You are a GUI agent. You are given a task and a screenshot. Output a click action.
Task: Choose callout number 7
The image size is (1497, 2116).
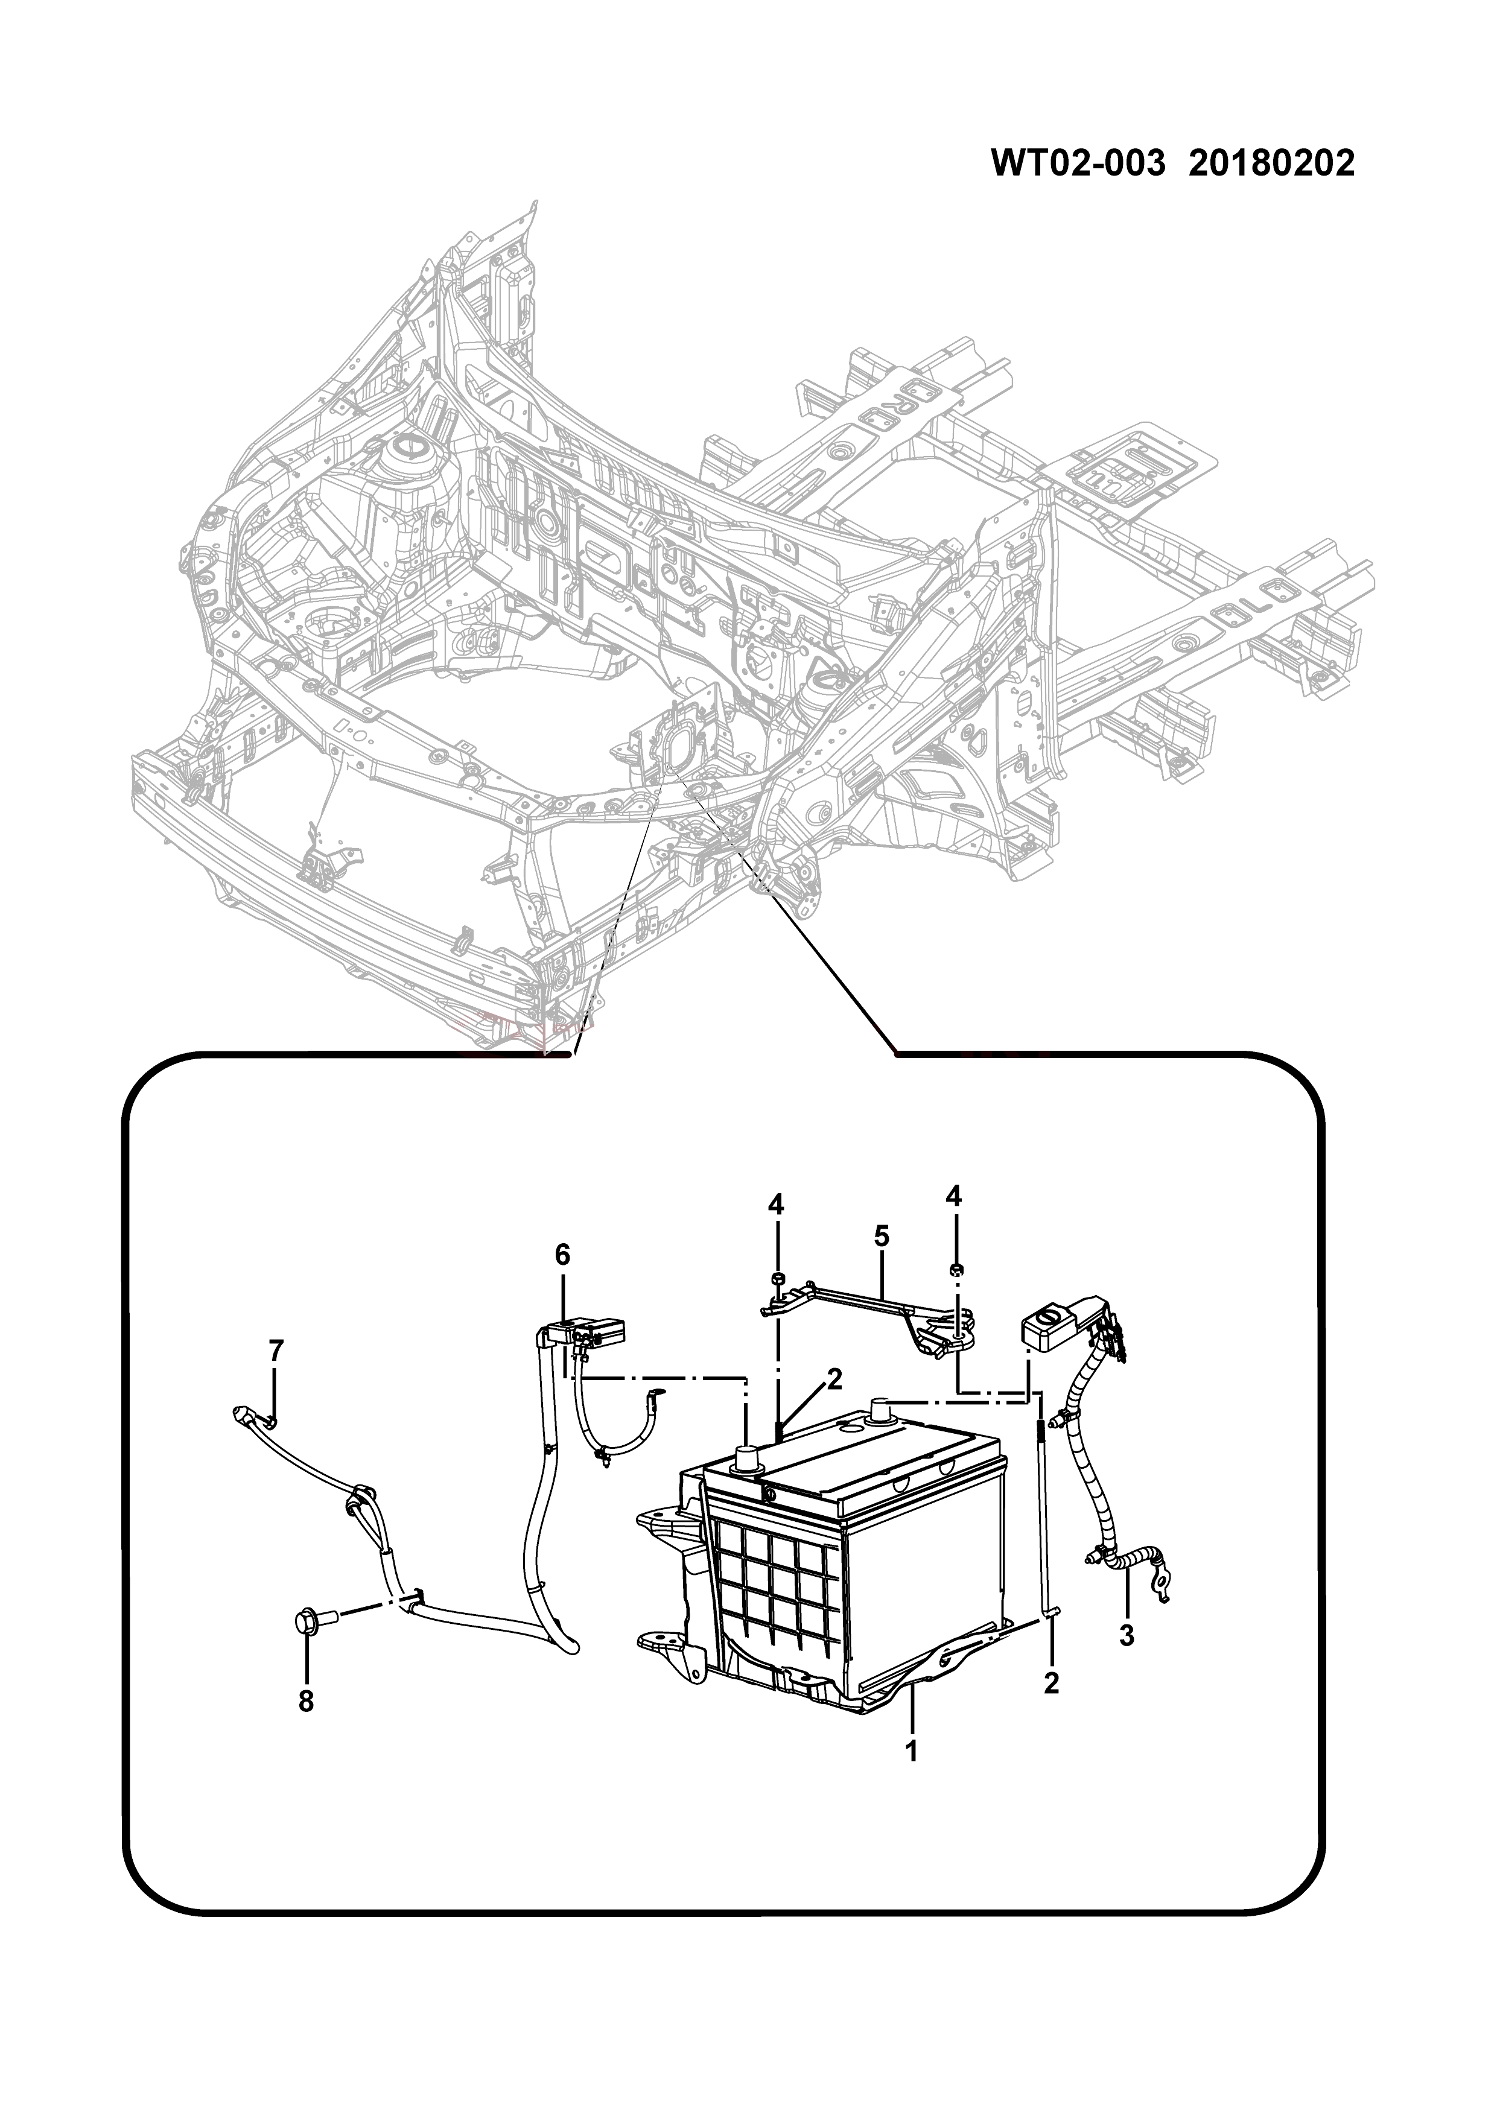click(x=276, y=1351)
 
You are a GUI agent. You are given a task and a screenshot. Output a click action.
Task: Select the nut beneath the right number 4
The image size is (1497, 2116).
click(x=956, y=1269)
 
